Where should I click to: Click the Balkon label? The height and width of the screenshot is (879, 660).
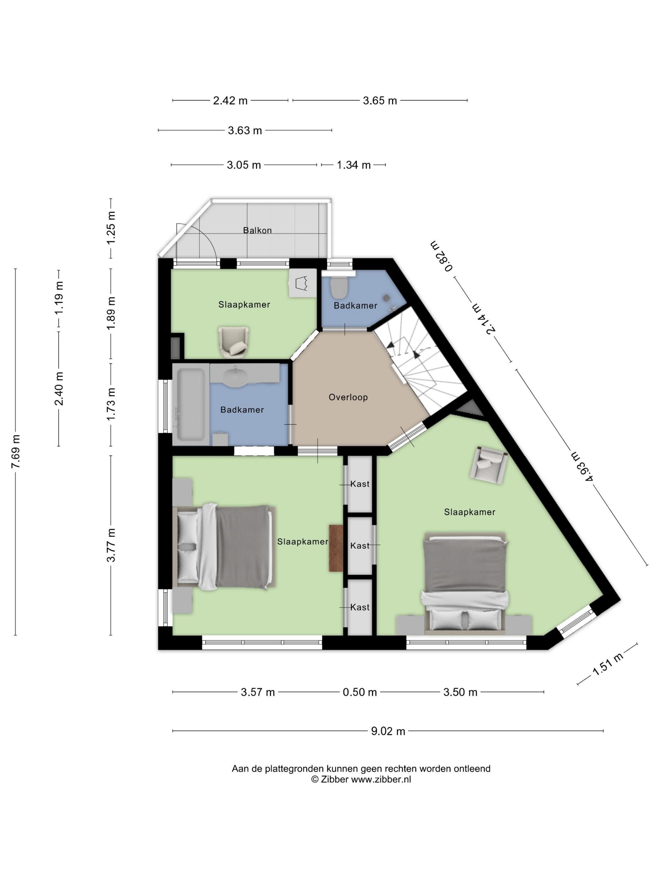click(257, 230)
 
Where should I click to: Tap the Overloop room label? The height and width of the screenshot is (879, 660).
click(348, 397)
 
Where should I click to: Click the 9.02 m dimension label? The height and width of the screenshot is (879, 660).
click(388, 731)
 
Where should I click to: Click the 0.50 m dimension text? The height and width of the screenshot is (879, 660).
click(360, 692)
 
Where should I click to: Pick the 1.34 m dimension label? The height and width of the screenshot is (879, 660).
click(354, 165)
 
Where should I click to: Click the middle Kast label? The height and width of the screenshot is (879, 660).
click(360, 546)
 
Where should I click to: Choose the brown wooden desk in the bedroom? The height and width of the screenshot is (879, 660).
click(336, 548)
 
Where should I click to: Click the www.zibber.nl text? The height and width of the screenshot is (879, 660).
click(381, 779)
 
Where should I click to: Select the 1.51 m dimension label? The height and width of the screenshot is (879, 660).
click(608, 664)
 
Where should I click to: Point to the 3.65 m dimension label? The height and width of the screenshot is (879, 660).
click(380, 100)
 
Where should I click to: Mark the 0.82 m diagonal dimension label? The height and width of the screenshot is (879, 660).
click(442, 256)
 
